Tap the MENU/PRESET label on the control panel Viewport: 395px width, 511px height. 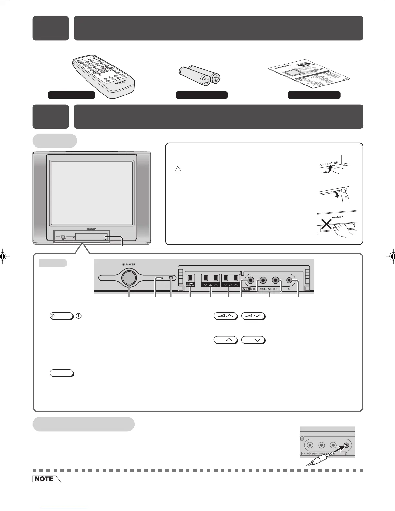pyautogui.click(x=190, y=285)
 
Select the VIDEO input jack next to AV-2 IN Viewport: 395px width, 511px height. pyautogui.click(x=249, y=280)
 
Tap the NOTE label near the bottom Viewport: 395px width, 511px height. pyautogui.click(x=45, y=479)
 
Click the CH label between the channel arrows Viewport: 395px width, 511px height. pyautogui.click(x=230, y=285)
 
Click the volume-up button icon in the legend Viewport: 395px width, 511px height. pyautogui.click(x=225, y=316)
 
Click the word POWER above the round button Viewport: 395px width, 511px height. pyautogui.click(x=130, y=264)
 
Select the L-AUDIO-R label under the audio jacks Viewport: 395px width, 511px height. pyautogui.click(x=274, y=289)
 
